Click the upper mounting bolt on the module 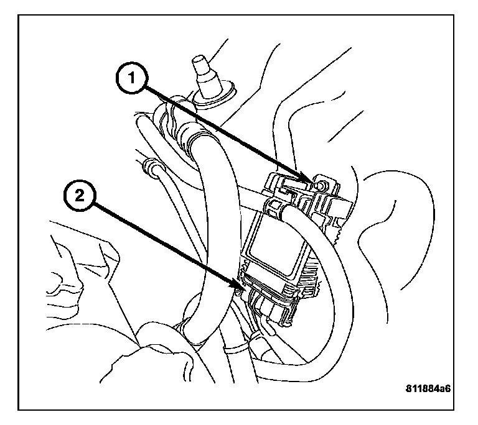(319, 185)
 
